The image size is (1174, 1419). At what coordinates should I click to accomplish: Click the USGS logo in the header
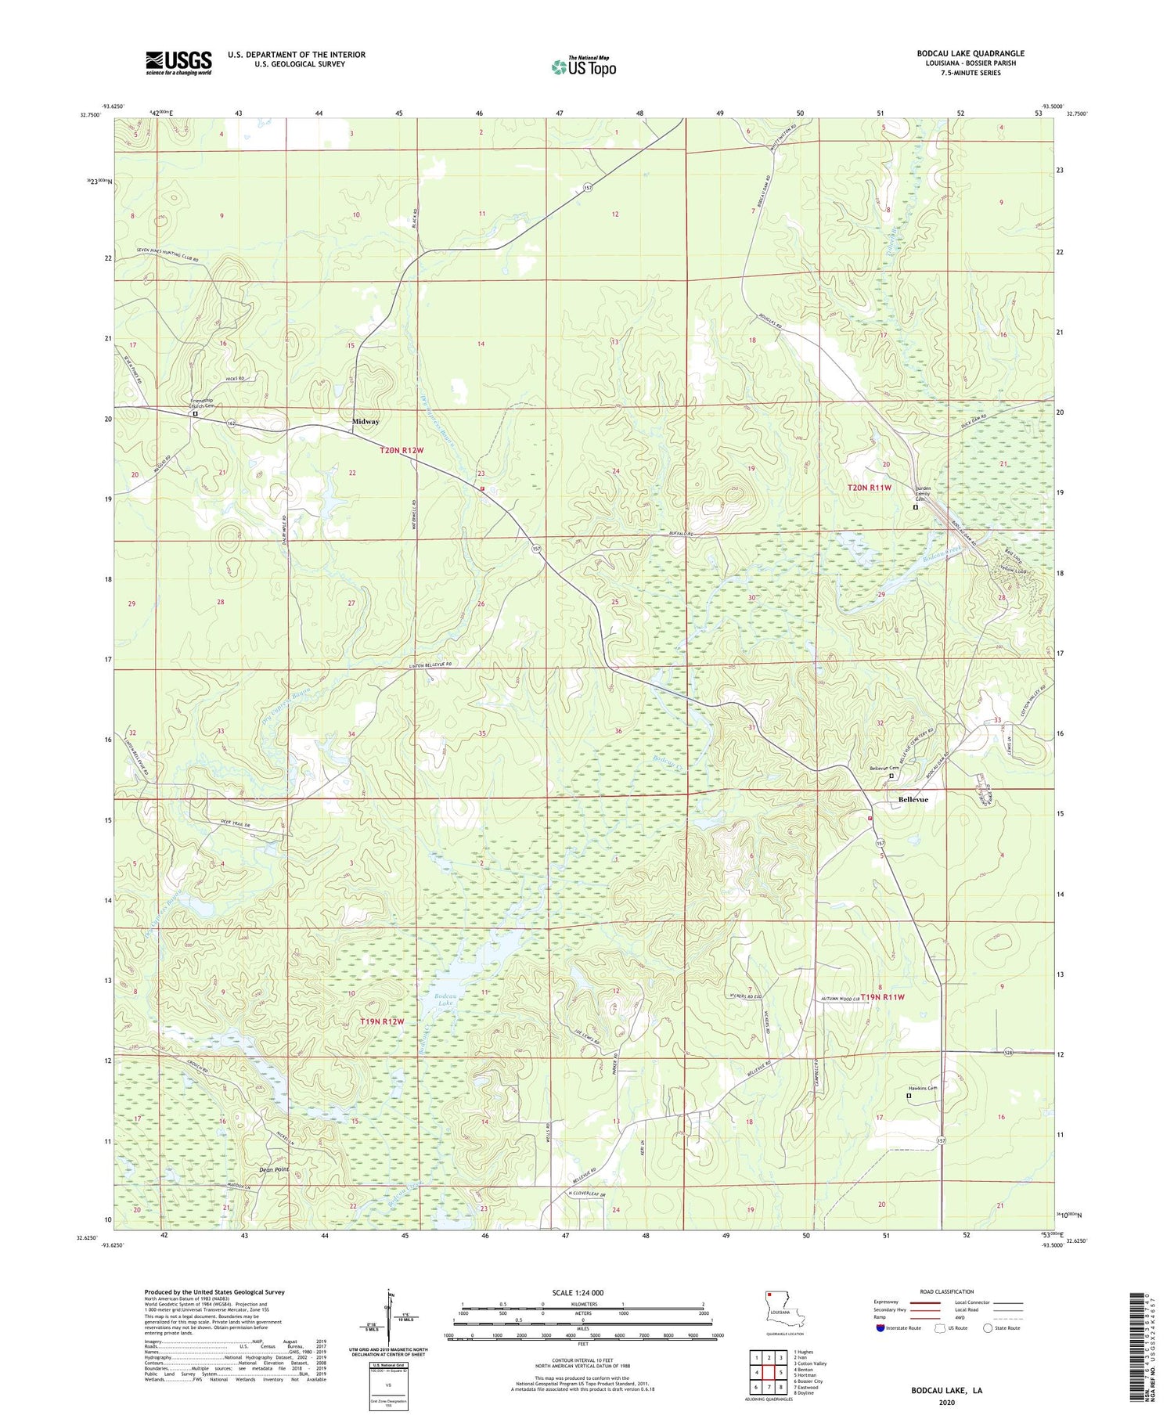tap(178, 63)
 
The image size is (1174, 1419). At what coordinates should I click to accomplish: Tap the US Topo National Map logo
tap(583, 67)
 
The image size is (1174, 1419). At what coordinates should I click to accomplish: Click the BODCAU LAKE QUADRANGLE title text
tap(970, 53)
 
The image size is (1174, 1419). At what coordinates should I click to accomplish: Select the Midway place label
tap(366, 421)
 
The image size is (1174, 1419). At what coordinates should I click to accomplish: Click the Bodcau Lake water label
tap(445, 999)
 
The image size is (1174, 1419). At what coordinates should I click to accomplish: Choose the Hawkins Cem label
tap(922, 1088)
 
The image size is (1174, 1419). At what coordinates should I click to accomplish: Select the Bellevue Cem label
tap(884, 768)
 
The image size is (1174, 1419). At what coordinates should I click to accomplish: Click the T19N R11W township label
tap(882, 997)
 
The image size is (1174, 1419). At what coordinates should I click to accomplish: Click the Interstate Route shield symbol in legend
tap(881, 1328)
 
